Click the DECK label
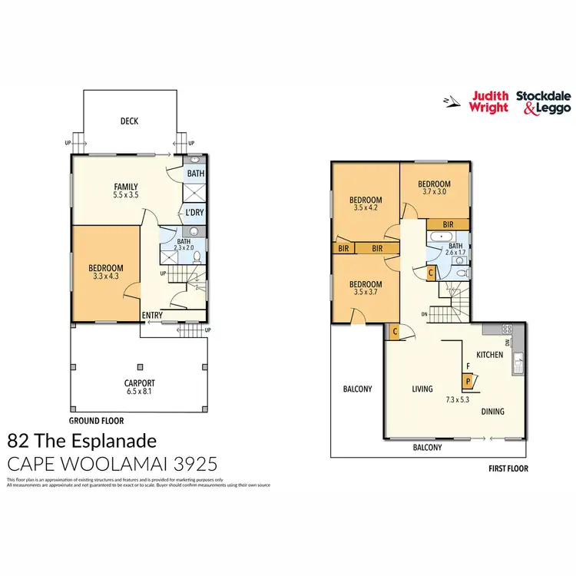coord(129,121)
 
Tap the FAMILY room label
coord(126,187)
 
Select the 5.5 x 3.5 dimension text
coord(126,196)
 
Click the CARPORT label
coord(140,382)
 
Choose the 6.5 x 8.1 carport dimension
coord(140,392)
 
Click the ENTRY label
coord(152,315)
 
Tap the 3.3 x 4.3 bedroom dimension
coord(107,276)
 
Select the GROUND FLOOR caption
coord(96,421)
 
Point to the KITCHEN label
coord(490,355)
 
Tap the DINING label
coord(493,412)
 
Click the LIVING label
coord(422,389)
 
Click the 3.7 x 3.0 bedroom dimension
coord(434,193)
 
